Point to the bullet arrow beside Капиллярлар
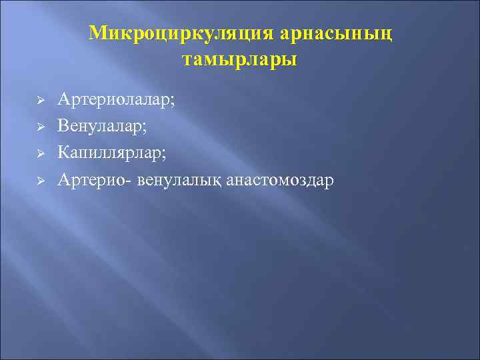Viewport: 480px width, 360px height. pyautogui.click(x=39, y=153)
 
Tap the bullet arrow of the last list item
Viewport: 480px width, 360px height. pyautogui.click(x=39, y=180)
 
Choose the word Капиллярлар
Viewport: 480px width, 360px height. pyautogui.click(x=110, y=153)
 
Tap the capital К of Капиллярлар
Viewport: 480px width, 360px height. pyautogui.click(x=63, y=153)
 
